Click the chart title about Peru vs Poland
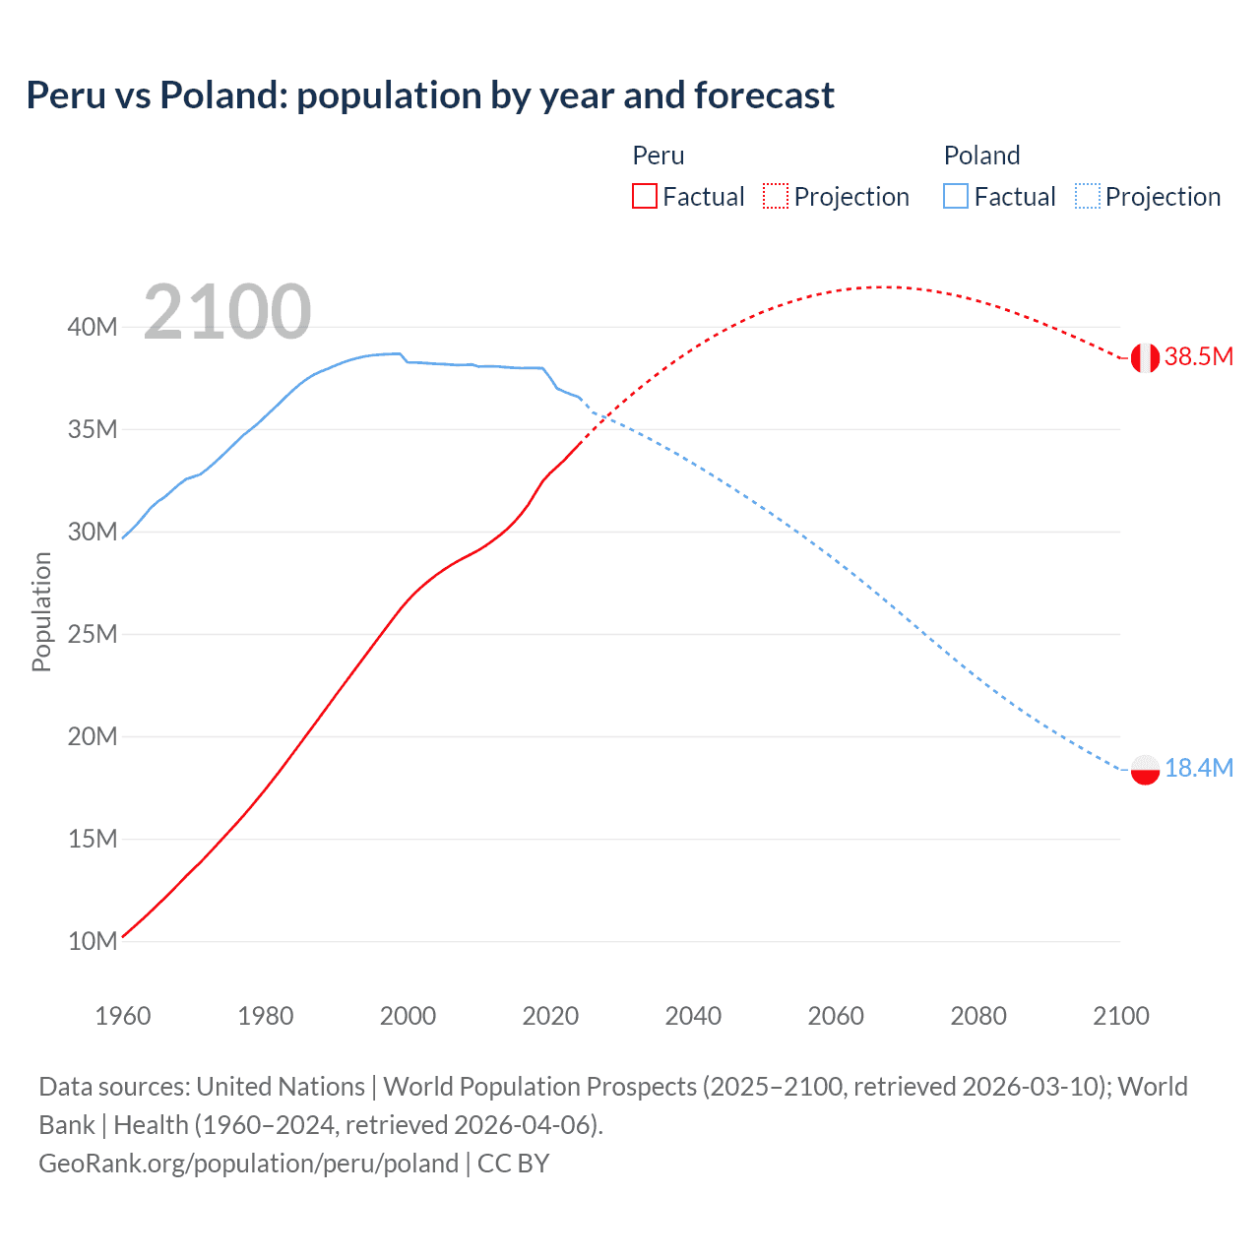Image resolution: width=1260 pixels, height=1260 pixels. tap(430, 95)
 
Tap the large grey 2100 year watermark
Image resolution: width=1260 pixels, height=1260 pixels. tap(227, 312)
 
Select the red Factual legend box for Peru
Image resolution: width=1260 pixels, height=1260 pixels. tap(644, 197)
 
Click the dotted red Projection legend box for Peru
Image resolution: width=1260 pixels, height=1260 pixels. tap(776, 197)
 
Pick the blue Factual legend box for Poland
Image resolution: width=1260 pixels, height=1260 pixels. tap(956, 197)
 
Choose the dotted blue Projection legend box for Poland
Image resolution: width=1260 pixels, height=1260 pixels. tap(1087, 197)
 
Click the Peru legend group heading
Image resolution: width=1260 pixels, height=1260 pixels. tap(658, 156)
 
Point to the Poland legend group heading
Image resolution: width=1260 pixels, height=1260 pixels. tap(981, 156)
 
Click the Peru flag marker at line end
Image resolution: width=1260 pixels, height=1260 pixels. tap(1145, 358)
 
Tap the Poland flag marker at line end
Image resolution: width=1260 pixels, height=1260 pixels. tap(1145, 770)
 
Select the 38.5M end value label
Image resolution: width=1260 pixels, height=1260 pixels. tap(1198, 356)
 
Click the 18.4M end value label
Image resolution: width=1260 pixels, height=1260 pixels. tap(1198, 768)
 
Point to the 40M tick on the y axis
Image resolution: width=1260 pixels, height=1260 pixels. tap(93, 327)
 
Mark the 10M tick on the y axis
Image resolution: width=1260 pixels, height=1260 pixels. tap(93, 941)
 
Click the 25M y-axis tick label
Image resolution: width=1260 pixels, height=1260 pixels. tap(93, 634)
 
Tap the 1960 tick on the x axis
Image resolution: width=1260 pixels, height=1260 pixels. tap(123, 1016)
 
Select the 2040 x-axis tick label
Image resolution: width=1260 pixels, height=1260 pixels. tap(693, 1016)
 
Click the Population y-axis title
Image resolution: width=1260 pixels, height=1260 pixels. tap(41, 611)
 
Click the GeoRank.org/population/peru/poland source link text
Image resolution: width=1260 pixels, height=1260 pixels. tap(248, 1164)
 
